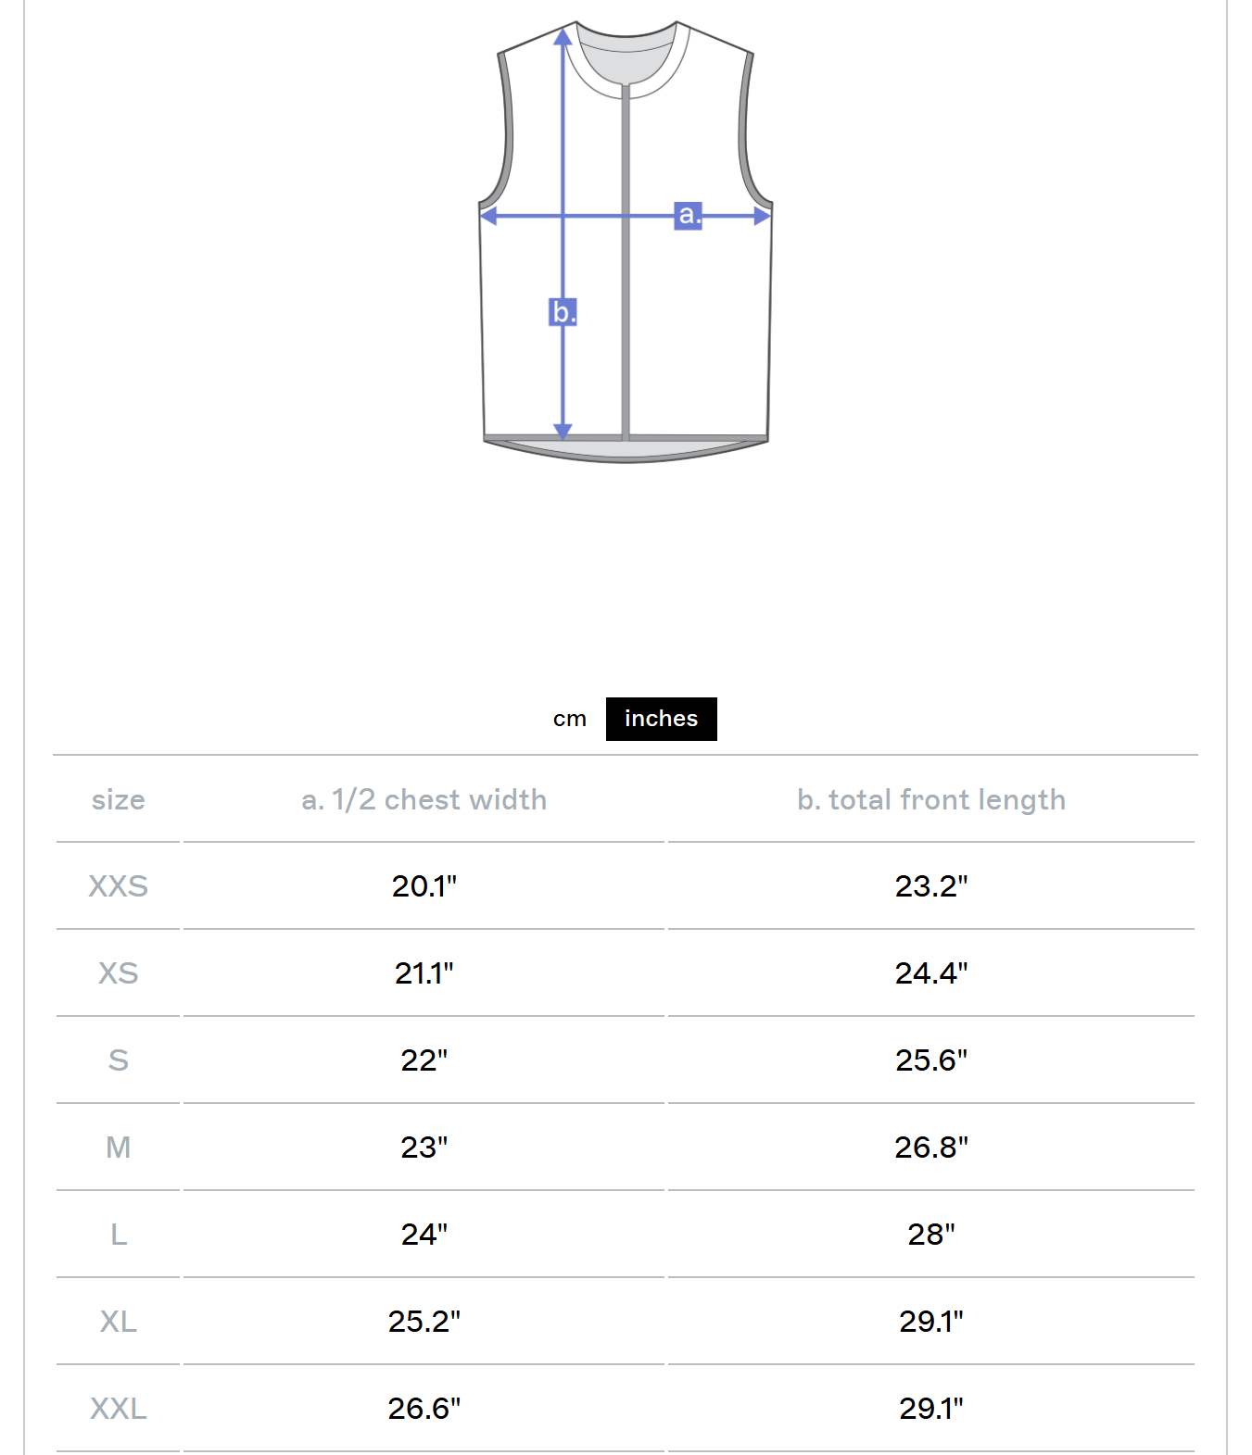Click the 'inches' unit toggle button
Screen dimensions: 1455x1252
tap(661, 719)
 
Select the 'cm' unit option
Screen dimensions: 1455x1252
tap(569, 719)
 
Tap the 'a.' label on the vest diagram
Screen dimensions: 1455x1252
tap(688, 215)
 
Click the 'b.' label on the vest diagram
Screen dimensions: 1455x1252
tap(563, 312)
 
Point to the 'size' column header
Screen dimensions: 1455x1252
tap(118, 799)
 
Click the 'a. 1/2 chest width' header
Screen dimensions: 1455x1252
tap(424, 799)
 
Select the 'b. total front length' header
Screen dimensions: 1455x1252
tap(930, 799)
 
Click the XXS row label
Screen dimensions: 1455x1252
tap(118, 886)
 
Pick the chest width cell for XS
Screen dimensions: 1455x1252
tap(424, 973)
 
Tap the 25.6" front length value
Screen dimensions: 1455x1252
tap(930, 1060)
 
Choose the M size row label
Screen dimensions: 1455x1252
tap(118, 1148)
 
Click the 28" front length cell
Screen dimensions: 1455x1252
tap(930, 1235)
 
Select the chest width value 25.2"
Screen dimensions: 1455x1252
tap(424, 1322)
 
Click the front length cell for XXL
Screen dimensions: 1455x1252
tap(930, 1409)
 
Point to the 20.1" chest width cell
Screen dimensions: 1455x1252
tap(424, 886)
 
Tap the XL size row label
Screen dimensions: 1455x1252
tap(118, 1322)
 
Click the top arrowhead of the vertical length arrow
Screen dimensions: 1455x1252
tap(563, 37)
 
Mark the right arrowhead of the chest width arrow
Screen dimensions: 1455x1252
tap(762, 216)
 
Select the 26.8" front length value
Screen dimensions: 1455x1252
tap(930, 1148)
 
